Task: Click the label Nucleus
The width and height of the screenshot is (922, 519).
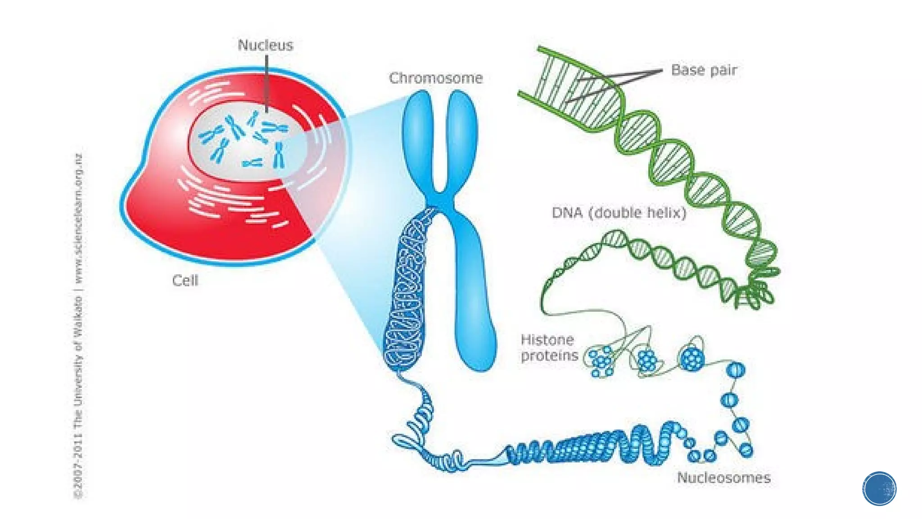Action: click(265, 45)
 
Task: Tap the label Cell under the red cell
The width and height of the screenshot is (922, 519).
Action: click(185, 281)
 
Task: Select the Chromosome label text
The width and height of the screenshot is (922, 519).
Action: click(436, 78)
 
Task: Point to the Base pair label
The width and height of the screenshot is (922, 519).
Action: click(704, 70)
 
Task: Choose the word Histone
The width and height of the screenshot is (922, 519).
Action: click(547, 340)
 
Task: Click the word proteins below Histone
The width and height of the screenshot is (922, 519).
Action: click(549, 355)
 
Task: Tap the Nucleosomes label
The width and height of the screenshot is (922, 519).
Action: click(723, 478)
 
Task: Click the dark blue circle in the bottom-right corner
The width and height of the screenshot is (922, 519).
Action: click(879, 488)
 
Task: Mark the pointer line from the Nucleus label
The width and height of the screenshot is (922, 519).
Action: click(267, 83)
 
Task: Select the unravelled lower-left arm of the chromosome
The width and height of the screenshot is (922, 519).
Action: click(407, 293)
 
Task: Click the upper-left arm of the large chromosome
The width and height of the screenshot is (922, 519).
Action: click(417, 135)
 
